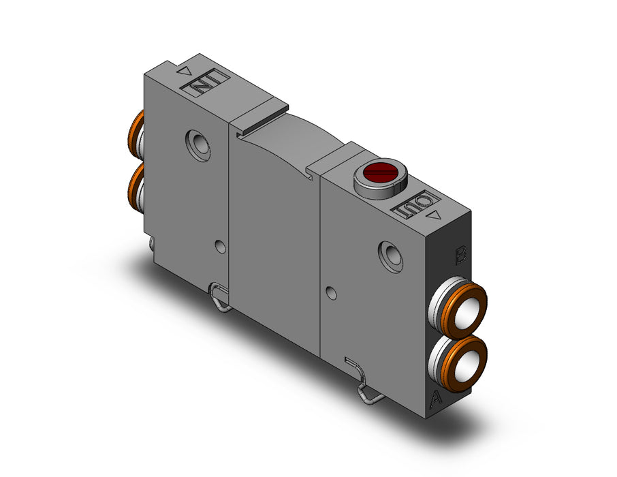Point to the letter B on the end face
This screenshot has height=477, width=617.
[x=460, y=254]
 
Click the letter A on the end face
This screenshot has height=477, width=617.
[x=436, y=398]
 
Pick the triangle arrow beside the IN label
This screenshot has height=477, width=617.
[x=185, y=71]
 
